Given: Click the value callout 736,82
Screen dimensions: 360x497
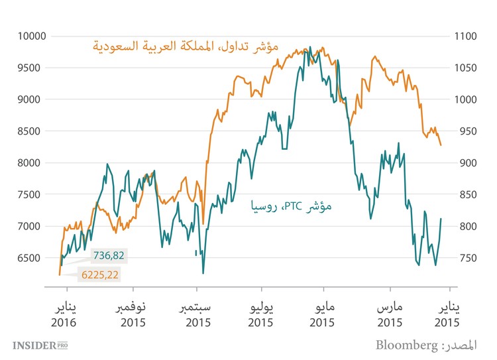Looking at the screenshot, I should pyautogui.click(x=107, y=255).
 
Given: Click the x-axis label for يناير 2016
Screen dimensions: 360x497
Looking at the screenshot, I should pyautogui.click(x=64, y=315).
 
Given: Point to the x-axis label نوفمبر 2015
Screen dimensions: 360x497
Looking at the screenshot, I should pyautogui.click(x=133, y=315).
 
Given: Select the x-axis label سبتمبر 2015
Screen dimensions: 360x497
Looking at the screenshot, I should pyautogui.click(x=197, y=315).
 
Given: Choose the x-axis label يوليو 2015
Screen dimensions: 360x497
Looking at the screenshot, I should pyautogui.click(x=261, y=315).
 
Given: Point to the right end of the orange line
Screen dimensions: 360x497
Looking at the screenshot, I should pyautogui.click(x=441, y=145).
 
